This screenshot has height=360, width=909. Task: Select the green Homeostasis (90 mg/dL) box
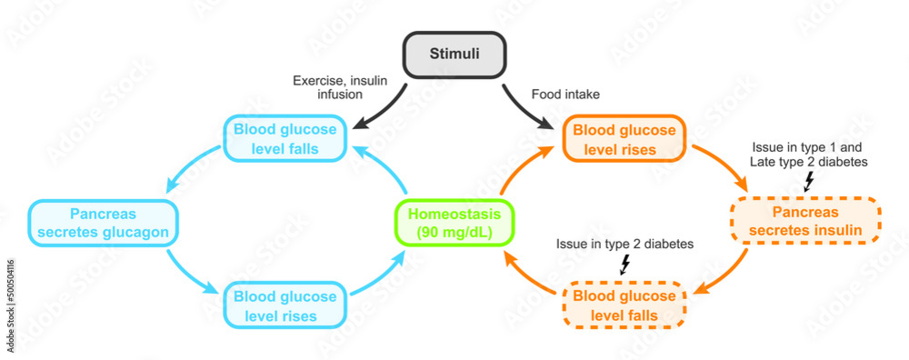(454, 222)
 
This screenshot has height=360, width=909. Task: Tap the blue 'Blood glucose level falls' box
(285, 139)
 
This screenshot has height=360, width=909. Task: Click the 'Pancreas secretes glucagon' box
(103, 222)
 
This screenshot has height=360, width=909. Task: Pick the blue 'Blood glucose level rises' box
(285, 305)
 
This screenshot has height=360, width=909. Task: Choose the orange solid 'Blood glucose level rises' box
(624, 139)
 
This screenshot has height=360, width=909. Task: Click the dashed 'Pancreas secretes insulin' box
(804, 221)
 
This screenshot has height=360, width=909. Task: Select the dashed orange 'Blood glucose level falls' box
(624, 305)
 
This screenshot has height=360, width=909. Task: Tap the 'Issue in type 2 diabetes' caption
(624, 245)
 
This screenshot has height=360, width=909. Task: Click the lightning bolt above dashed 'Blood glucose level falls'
(624, 265)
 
